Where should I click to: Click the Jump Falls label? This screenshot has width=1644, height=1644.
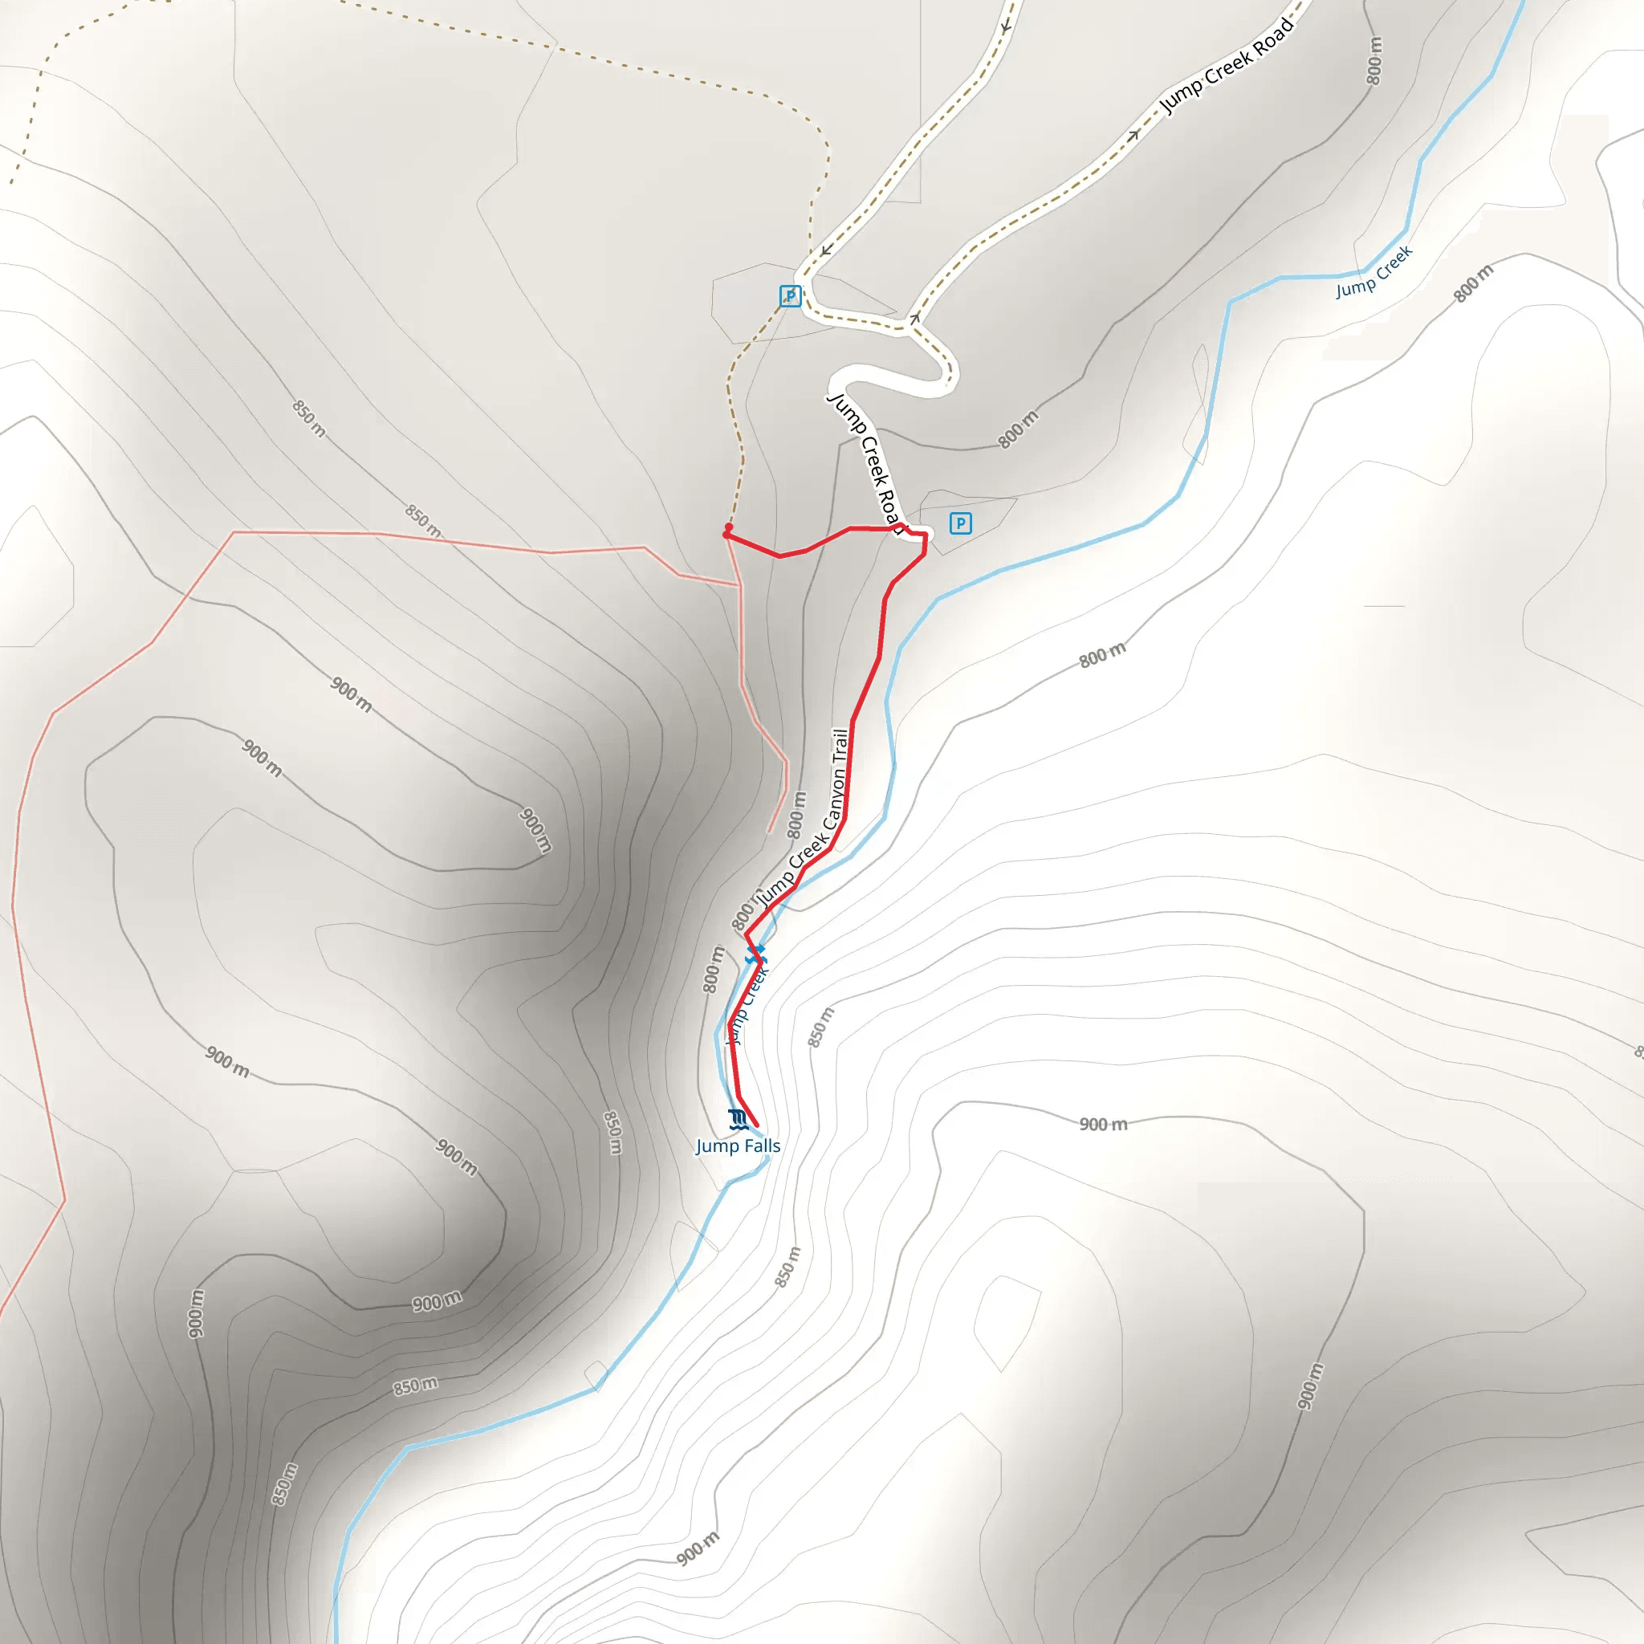point(738,1146)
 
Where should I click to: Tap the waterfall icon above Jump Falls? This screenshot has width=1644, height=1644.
point(737,1119)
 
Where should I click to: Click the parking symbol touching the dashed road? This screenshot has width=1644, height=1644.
point(791,296)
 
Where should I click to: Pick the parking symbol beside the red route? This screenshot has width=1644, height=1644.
point(961,523)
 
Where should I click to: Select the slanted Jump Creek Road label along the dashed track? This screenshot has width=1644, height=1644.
point(1227,65)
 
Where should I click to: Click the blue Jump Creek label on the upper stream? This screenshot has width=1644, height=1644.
point(1373,272)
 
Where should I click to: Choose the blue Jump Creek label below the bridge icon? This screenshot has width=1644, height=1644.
point(747,1004)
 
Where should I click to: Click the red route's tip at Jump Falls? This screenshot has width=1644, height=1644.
point(755,1125)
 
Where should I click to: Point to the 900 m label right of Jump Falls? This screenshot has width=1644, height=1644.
point(1104,1124)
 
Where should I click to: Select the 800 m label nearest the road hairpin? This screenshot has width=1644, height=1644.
point(1019,429)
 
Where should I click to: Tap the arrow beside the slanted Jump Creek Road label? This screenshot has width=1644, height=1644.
point(1133,134)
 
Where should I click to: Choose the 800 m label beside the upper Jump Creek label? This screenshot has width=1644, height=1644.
point(1473,284)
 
